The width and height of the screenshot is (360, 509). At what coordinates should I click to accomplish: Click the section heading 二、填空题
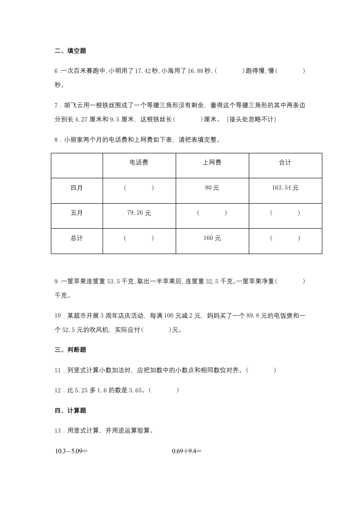click(70, 51)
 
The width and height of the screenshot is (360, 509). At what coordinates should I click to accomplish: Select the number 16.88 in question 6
click(202, 71)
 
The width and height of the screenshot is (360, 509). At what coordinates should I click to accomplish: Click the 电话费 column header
click(139, 162)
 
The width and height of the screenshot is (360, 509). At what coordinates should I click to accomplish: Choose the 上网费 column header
click(212, 162)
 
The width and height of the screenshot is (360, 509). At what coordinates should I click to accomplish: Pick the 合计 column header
click(285, 162)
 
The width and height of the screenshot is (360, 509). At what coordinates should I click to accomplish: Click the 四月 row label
click(77, 188)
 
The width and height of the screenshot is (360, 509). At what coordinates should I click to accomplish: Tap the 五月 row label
click(77, 213)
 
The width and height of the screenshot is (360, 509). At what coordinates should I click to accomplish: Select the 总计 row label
click(77, 238)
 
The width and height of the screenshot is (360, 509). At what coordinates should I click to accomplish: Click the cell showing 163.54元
click(285, 188)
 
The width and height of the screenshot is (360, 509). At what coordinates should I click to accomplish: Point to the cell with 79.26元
click(139, 213)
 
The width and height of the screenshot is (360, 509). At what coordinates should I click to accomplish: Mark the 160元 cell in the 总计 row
click(212, 238)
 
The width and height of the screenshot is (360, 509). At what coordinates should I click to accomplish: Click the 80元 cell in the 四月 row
click(212, 188)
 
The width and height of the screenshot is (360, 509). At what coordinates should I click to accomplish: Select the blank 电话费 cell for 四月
click(139, 188)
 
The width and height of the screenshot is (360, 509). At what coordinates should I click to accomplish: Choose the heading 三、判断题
click(70, 350)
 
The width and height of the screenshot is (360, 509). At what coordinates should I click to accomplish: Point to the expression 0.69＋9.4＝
click(187, 451)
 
